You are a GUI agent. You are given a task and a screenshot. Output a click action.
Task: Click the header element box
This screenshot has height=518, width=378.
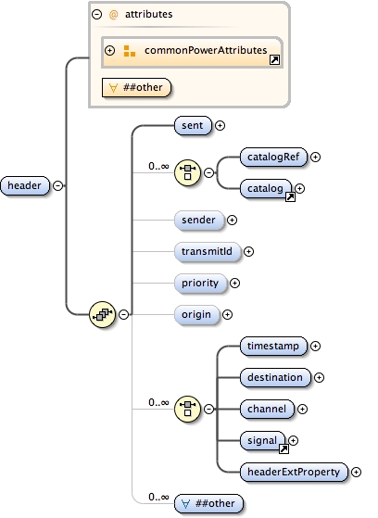26,185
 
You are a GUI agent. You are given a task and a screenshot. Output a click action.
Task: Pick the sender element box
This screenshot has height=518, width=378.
199,220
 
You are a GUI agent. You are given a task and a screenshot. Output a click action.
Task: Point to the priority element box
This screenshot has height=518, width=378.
200,283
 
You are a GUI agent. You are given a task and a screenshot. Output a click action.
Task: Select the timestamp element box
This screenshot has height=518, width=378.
272,346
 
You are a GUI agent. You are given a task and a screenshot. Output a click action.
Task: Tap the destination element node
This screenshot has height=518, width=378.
274,377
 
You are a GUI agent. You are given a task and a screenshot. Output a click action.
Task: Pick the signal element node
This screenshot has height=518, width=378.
263,440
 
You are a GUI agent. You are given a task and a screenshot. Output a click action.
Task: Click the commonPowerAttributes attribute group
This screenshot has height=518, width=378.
198,50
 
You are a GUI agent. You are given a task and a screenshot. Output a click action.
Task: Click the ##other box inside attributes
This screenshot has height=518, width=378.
135,88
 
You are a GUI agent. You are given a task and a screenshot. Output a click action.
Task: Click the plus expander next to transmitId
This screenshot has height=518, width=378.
248,251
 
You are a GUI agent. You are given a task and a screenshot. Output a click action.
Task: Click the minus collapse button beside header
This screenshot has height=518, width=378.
58,185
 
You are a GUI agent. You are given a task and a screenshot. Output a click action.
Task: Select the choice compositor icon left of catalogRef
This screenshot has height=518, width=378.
188,172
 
